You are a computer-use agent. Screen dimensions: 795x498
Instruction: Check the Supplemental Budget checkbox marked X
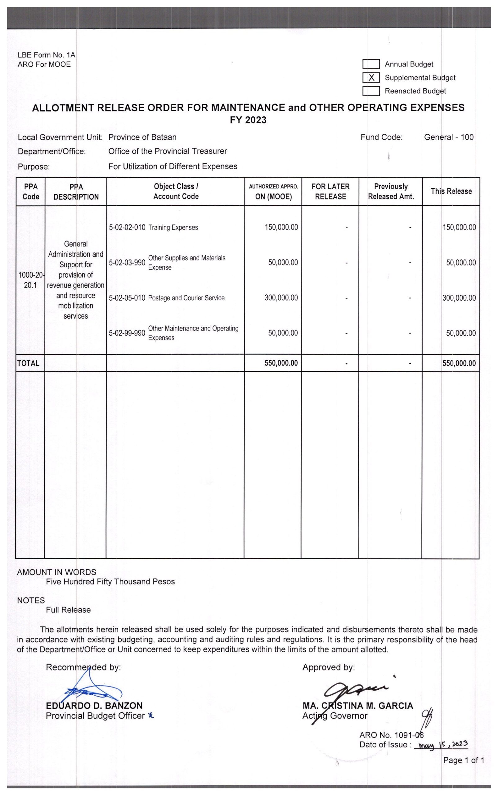[x=371, y=78]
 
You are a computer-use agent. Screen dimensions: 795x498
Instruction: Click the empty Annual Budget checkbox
[x=371, y=64]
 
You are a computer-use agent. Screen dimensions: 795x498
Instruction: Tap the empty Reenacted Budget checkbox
[x=371, y=91]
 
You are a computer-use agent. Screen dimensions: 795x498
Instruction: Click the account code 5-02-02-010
[x=127, y=227]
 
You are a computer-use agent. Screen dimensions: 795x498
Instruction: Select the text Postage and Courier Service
[x=186, y=298]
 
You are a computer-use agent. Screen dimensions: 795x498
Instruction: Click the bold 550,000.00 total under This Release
[x=459, y=363]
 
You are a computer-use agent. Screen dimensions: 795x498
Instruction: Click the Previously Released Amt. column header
[x=391, y=192]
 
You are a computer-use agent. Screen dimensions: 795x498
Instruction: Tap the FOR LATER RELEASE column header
[x=330, y=192]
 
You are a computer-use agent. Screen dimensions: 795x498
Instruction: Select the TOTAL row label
[x=28, y=363]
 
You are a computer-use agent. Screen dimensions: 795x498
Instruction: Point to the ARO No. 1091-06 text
[x=391, y=735]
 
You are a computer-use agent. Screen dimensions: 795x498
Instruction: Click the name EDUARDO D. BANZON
[x=94, y=706]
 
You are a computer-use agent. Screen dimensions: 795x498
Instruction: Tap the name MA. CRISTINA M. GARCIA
[x=358, y=706]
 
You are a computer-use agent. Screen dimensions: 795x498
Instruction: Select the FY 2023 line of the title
[x=248, y=120]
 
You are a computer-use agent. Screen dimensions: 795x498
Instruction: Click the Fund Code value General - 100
[x=449, y=137]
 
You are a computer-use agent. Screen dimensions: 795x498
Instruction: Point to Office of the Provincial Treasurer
[x=168, y=151]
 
